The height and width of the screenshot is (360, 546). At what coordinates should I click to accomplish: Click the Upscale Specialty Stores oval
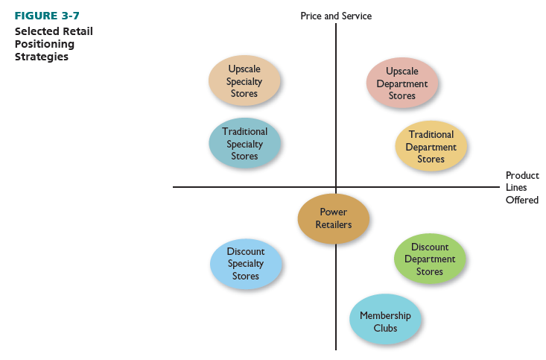[x=244, y=81]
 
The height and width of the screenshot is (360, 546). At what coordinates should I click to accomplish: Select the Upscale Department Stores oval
[x=402, y=83]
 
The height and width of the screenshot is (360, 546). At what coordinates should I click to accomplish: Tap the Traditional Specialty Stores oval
[x=244, y=144]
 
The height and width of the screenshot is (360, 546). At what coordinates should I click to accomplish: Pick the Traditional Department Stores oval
[x=431, y=146]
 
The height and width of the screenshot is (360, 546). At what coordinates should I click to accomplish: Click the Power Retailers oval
[x=333, y=218]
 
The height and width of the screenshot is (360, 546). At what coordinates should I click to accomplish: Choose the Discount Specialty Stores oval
[x=246, y=264]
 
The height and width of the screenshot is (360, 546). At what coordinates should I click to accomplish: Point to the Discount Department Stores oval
[x=430, y=259]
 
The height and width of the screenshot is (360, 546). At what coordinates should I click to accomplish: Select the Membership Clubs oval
[x=385, y=321]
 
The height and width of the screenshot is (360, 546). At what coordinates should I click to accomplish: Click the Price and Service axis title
[x=336, y=16]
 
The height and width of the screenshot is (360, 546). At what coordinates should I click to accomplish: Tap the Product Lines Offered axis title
[x=521, y=188]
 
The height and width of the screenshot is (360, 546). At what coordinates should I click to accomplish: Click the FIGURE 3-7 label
[x=47, y=16]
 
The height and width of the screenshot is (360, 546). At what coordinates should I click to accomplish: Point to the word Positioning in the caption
[x=45, y=44]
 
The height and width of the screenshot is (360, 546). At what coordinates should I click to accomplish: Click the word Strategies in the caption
[x=42, y=57]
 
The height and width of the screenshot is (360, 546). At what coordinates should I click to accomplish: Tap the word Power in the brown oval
[x=333, y=212]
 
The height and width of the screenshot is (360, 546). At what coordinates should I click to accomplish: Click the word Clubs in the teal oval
[x=385, y=328]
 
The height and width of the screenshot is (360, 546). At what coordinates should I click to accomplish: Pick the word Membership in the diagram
[x=385, y=315]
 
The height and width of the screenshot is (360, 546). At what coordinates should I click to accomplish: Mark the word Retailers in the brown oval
[x=333, y=224]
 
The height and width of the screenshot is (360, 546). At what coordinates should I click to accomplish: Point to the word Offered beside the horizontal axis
[x=521, y=200]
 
